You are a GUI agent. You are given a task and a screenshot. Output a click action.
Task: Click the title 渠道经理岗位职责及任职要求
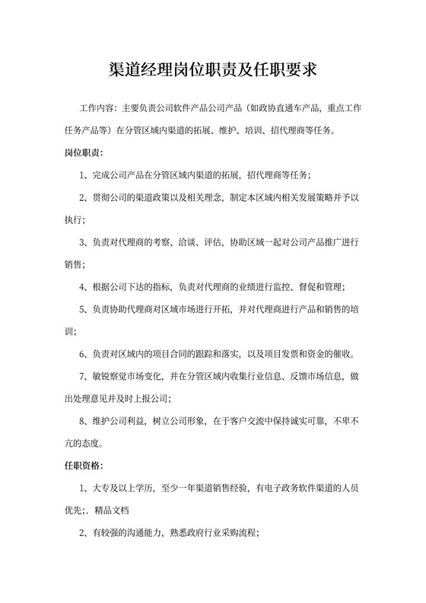point(213,70)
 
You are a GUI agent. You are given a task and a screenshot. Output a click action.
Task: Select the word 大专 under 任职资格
point(100,487)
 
